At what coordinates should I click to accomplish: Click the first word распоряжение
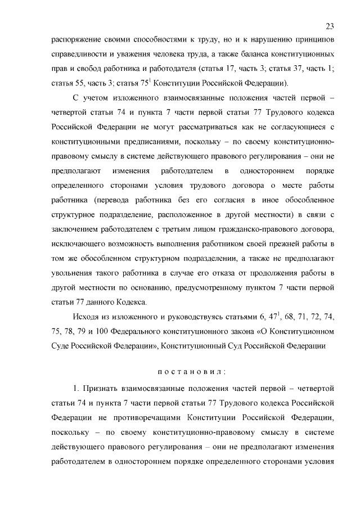[75, 41]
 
